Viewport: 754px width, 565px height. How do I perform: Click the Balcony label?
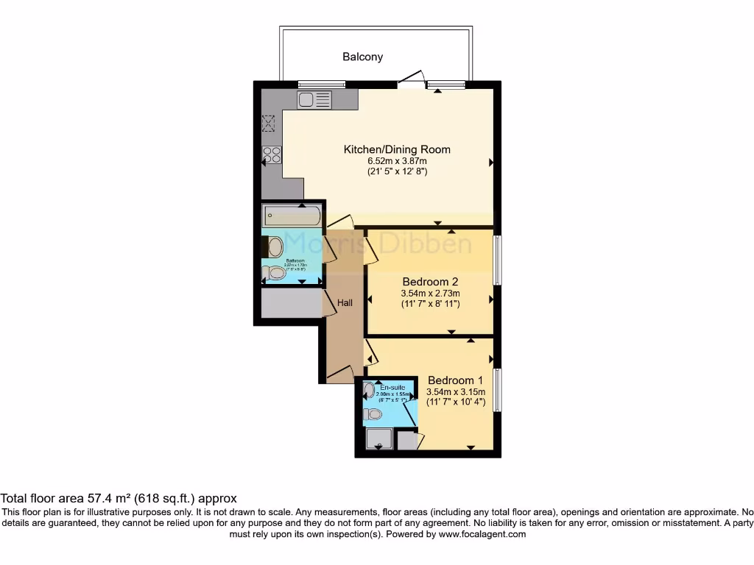click(x=362, y=57)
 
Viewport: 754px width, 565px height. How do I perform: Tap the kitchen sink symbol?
click(x=314, y=99)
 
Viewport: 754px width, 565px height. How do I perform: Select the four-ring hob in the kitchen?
click(x=272, y=154)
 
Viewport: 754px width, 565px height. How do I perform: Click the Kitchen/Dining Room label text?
click(x=397, y=149)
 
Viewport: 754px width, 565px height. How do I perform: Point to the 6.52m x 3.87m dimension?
click(x=397, y=160)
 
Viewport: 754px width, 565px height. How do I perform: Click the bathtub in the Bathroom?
click(x=292, y=216)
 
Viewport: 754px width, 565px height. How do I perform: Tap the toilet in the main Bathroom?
click(x=275, y=273)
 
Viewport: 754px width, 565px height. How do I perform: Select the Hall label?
click(x=345, y=302)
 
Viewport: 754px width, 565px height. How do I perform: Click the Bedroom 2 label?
click(x=430, y=282)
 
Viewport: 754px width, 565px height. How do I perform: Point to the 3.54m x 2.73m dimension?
click(x=430, y=293)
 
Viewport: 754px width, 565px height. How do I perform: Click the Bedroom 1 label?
click(x=456, y=380)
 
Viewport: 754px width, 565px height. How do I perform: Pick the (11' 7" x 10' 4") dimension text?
click(x=456, y=402)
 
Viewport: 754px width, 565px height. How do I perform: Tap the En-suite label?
click(x=392, y=387)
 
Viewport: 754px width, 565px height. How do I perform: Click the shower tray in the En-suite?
click(x=378, y=440)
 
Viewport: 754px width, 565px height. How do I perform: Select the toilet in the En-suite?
click(x=373, y=415)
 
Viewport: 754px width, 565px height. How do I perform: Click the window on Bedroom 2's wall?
click(x=498, y=259)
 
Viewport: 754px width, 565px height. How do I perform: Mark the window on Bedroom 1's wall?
click(x=498, y=391)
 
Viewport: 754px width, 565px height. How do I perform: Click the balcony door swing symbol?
click(x=414, y=79)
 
